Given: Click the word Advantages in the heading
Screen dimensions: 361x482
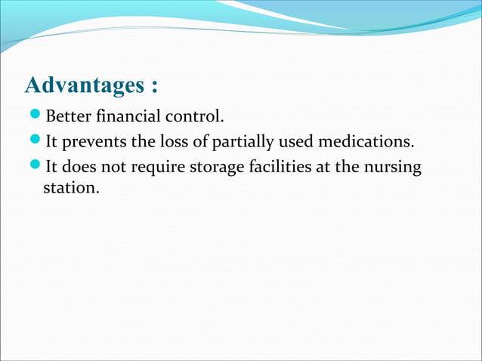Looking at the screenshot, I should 79,85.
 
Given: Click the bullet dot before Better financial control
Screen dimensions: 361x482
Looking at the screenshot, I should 36,117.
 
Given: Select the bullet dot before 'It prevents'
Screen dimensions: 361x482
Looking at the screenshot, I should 36,141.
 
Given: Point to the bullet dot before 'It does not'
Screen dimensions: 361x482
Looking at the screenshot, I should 36,165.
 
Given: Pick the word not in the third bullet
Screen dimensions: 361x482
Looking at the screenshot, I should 117,165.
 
